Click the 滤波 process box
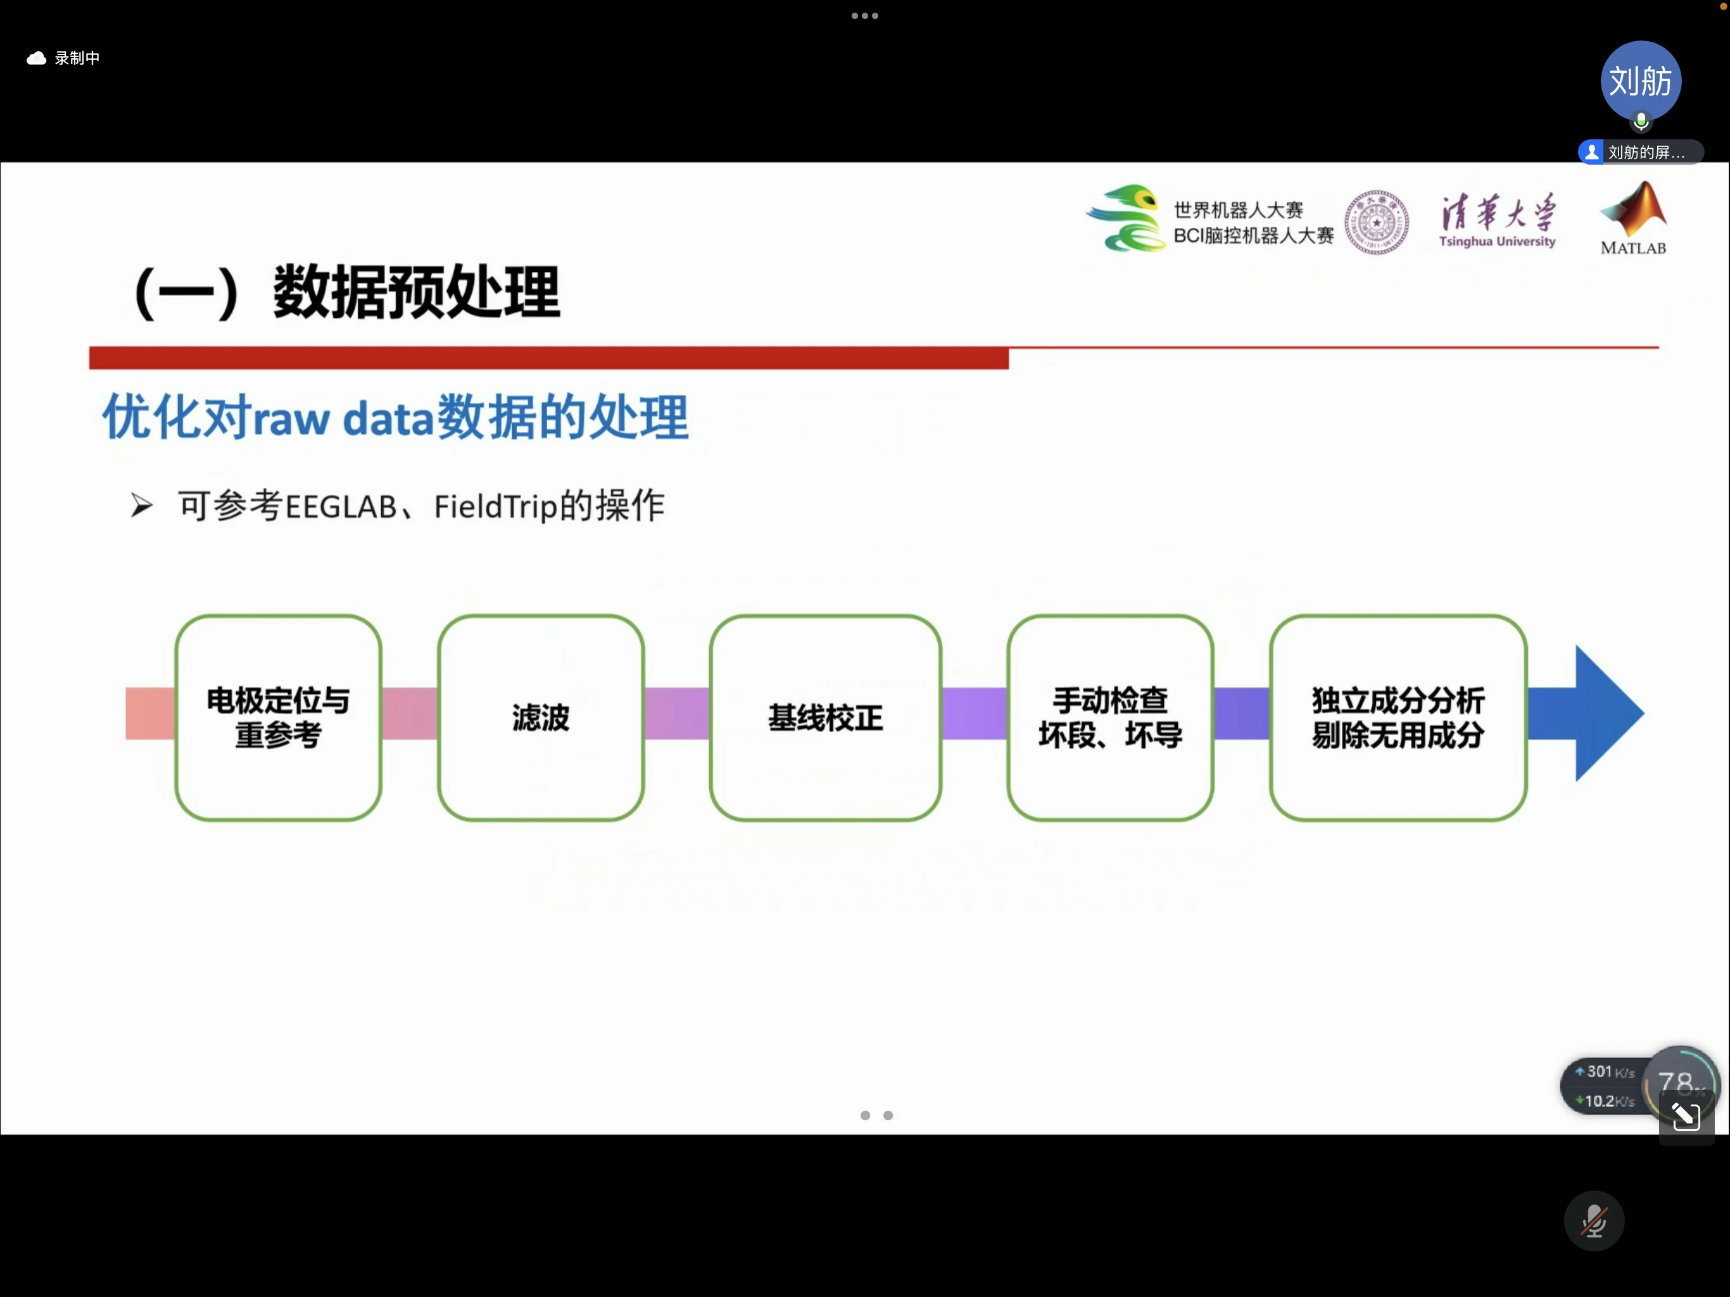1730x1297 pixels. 540,718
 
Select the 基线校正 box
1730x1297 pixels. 825,718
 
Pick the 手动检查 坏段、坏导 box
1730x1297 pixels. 1110,718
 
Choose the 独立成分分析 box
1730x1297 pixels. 1398,718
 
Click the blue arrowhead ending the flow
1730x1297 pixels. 1607,714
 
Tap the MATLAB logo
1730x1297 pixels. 1633,219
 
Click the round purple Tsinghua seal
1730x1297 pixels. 1377,222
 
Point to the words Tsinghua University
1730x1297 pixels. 1497,242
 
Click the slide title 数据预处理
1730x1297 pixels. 416,293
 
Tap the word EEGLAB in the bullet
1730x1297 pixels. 341,507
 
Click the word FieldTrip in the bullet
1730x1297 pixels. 496,507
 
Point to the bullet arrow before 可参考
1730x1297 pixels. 142,505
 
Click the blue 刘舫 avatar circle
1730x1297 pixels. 1641,81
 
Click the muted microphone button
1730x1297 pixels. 1594,1220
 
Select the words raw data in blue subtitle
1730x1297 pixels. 343,419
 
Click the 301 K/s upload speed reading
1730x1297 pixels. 1605,1072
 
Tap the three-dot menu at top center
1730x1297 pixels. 865,16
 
